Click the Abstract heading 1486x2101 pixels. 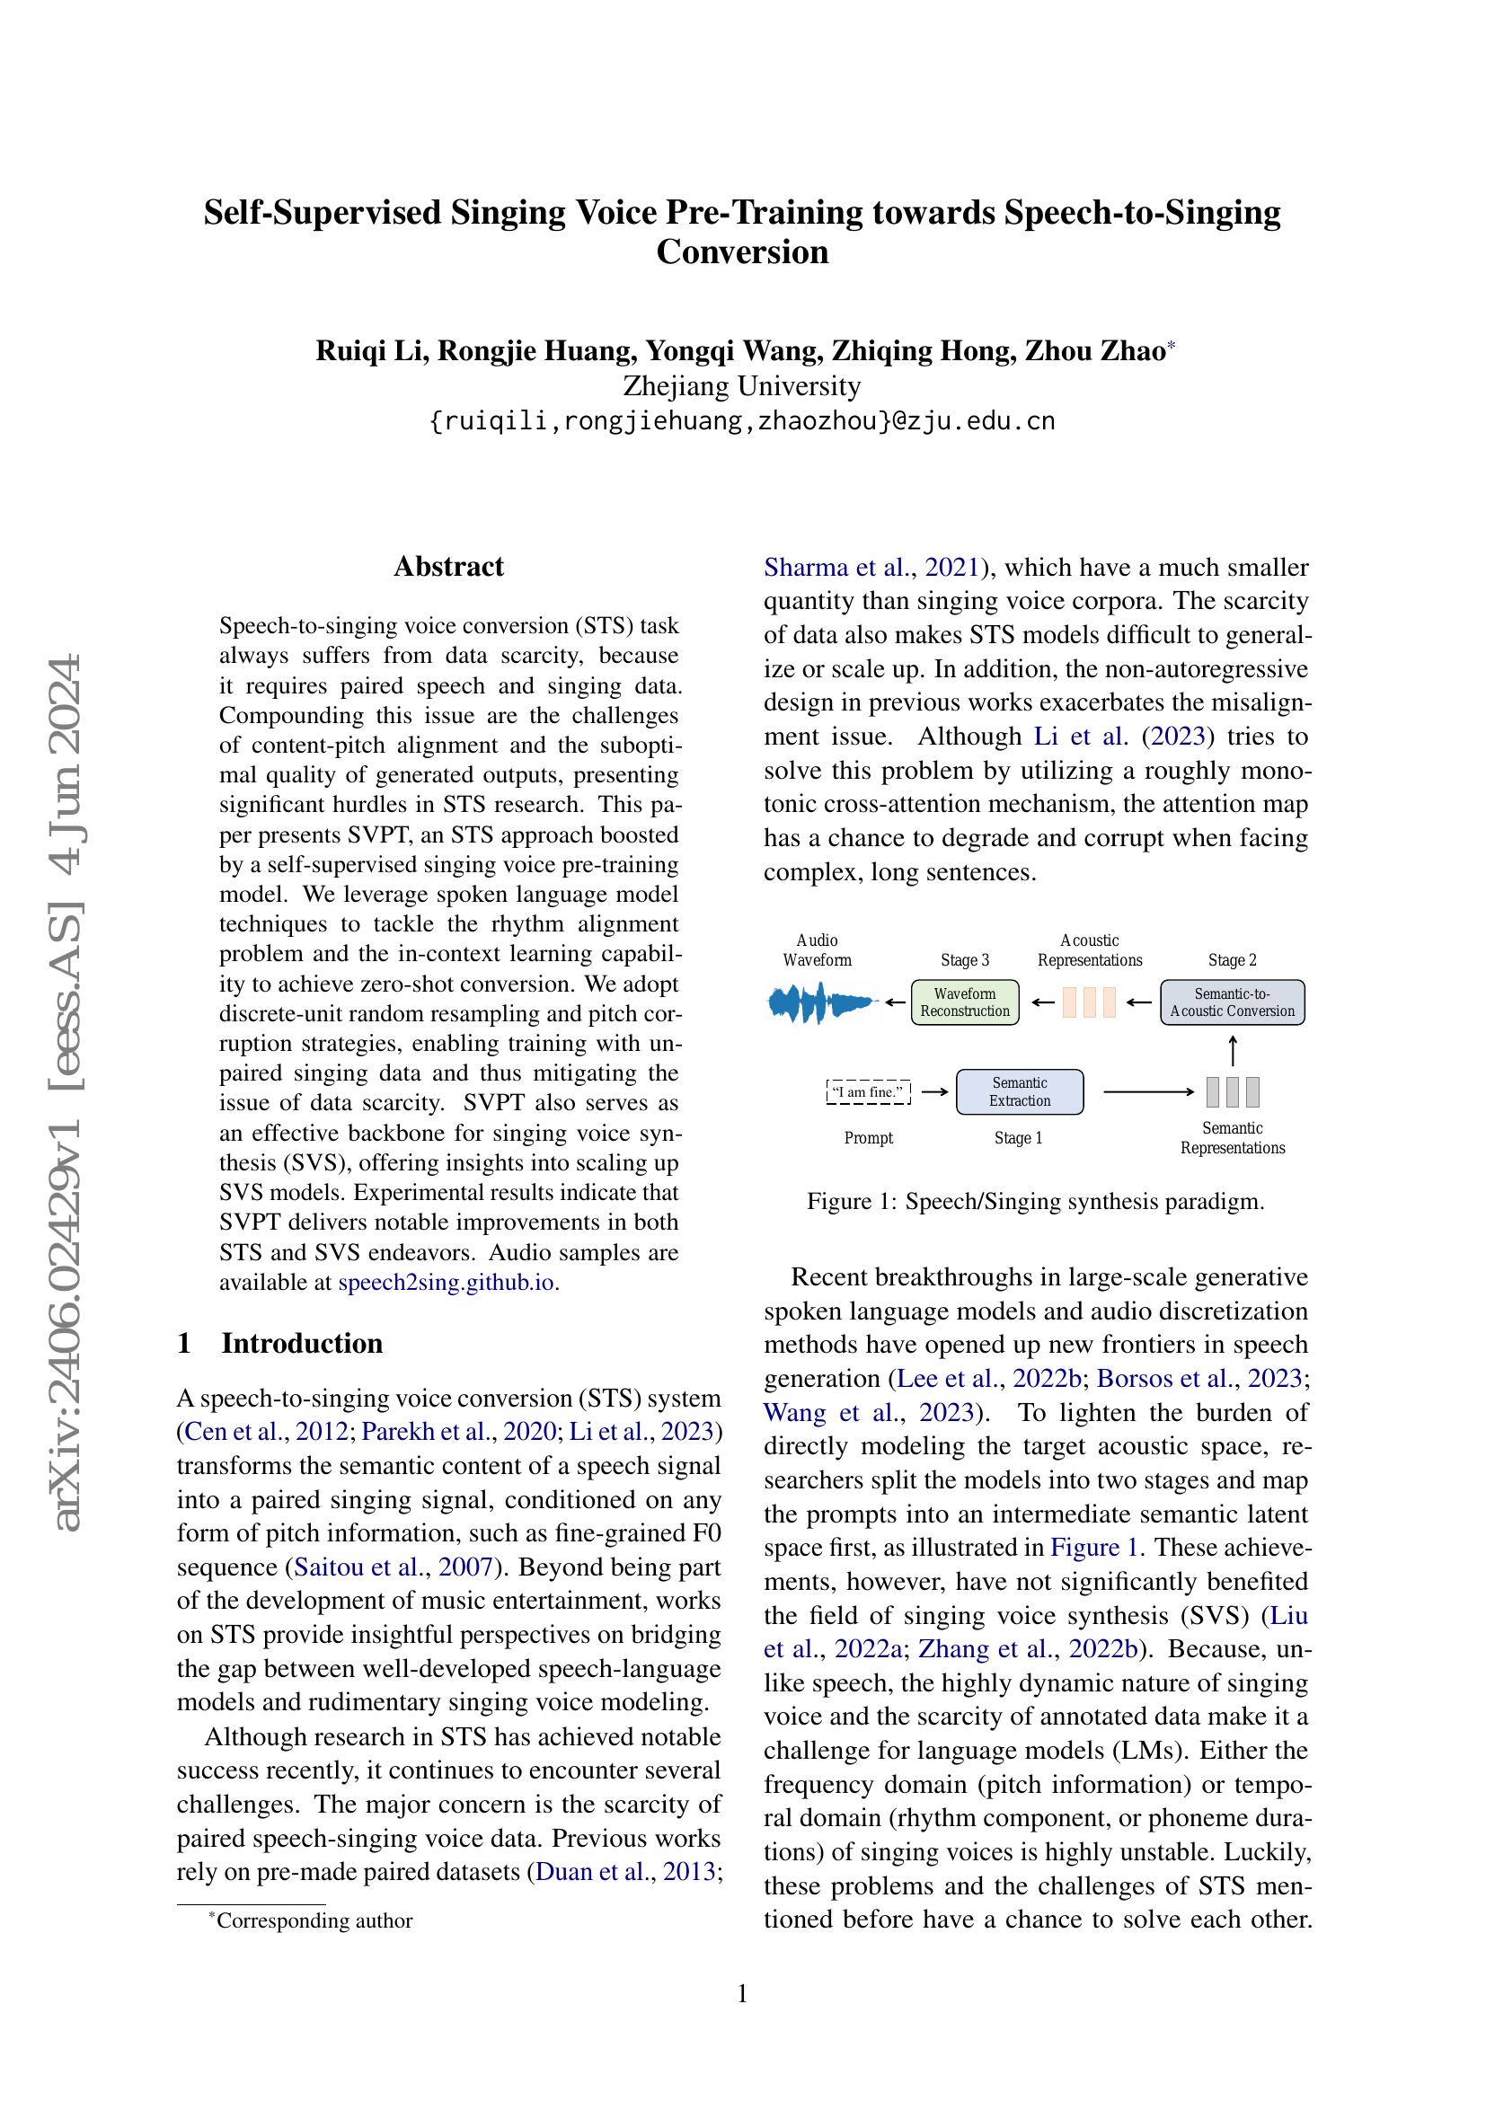click(448, 567)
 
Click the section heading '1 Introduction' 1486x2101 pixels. click(280, 1342)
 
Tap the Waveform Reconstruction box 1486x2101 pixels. click(964, 1002)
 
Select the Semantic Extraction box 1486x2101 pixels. click(1020, 1091)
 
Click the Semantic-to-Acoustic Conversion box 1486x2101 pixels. click(1232, 1002)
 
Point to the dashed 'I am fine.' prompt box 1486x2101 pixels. click(869, 1091)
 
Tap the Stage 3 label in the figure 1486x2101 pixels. click(964, 960)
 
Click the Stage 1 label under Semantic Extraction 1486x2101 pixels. click(1018, 1138)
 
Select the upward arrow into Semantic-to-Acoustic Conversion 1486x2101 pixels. click(1233, 1049)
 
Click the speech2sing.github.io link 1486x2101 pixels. click(447, 1282)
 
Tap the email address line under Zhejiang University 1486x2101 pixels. click(742, 421)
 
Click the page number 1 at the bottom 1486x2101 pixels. click(742, 1992)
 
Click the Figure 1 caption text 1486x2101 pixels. click(1035, 1202)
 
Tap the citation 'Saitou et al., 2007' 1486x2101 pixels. click(394, 1567)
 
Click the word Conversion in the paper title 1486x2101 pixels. click(742, 252)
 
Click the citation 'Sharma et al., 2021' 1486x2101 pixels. click(872, 568)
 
